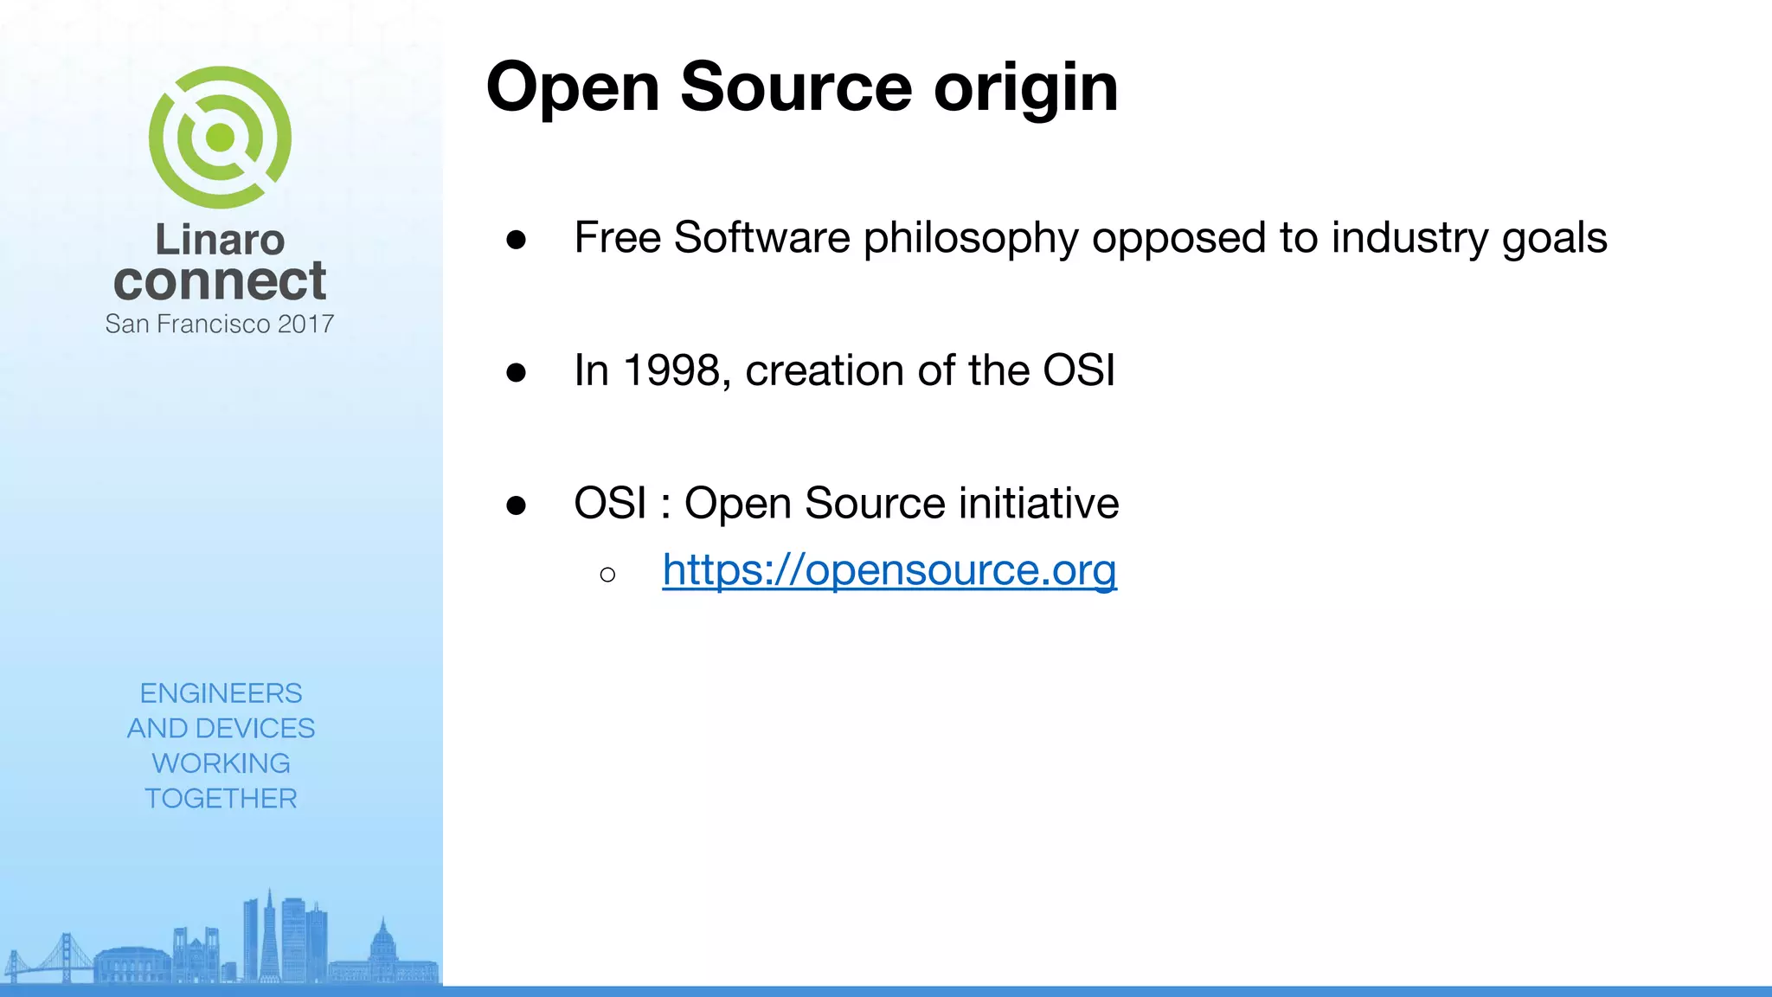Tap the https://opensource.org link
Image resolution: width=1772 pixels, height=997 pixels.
click(x=889, y=569)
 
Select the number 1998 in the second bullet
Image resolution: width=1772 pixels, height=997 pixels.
click(x=671, y=370)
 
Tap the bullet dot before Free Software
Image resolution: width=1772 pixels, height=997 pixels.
click(x=517, y=240)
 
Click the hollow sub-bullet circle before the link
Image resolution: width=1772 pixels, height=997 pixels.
click(x=607, y=575)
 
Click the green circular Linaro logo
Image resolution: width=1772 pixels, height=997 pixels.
click(x=220, y=138)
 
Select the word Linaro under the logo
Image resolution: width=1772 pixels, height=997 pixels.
click(x=220, y=240)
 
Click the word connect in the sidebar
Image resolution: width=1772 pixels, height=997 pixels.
click(x=220, y=281)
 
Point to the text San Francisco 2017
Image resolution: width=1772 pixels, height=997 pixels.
click(x=220, y=324)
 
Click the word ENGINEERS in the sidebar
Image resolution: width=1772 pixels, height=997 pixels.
click(x=221, y=693)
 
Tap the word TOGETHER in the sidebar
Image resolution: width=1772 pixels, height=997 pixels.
click(x=221, y=798)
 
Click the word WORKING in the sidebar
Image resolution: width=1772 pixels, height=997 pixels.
click(x=221, y=763)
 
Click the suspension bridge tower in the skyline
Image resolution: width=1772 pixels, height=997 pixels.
click(x=65, y=956)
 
